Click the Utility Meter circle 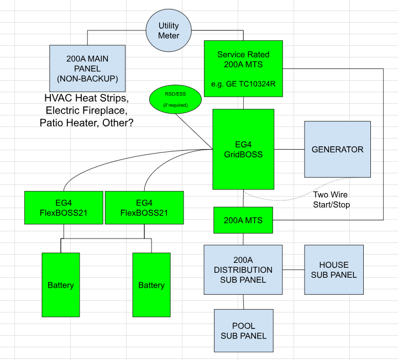pyautogui.click(x=169, y=30)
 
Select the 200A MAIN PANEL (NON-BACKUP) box pyautogui.click(x=87, y=68)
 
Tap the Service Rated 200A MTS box pyautogui.click(x=243, y=68)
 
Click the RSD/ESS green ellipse pyautogui.click(x=175, y=99)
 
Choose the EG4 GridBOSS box pyautogui.click(x=243, y=149)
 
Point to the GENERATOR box pyautogui.click(x=338, y=149)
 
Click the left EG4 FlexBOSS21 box pyautogui.click(x=64, y=208)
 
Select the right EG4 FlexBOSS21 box pyautogui.click(x=144, y=208)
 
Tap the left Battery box pyautogui.click(x=61, y=285)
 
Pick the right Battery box pyautogui.click(x=151, y=285)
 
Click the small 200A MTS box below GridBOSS pyautogui.click(x=243, y=220)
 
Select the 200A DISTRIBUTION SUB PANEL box pyautogui.click(x=243, y=270)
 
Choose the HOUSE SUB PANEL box pyautogui.click(x=334, y=270)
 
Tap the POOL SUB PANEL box pyautogui.click(x=244, y=331)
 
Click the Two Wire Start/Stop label pyautogui.click(x=331, y=199)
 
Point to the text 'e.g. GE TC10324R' pyautogui.click(x=243, y=84)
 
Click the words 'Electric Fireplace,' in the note pyautogui.click(x=87, y=110)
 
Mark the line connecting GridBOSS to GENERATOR pyautogui.click(x=289, y=149)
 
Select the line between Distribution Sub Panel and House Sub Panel pyautogui.click(x=294, y=270)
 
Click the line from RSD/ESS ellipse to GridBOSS pyautogui.click(x=194, y=131)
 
